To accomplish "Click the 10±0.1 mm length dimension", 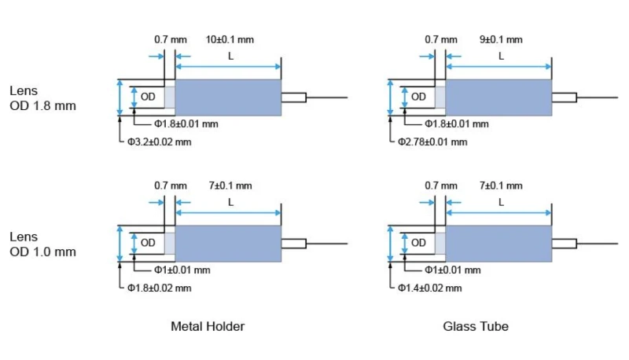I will [230, 39].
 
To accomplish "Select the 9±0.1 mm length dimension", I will [501, 39].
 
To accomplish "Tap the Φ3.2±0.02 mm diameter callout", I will [160, 142].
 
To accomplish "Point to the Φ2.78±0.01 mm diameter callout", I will [432, 142].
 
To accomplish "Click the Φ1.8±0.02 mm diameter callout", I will [160, 288].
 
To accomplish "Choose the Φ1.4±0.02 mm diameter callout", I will [432, 288].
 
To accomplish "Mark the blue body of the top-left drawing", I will [228, 97].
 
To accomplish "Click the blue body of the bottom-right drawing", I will [499, 244].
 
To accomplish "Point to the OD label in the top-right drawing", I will [418, 97].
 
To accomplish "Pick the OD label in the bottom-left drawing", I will [147, 243].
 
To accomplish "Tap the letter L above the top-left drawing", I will [230, 57].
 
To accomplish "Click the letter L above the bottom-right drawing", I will [501, 203].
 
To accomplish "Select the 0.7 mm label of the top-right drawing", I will [440, 39].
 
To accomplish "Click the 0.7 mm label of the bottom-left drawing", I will [171, 186].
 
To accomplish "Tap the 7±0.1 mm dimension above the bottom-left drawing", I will [230, 186].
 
